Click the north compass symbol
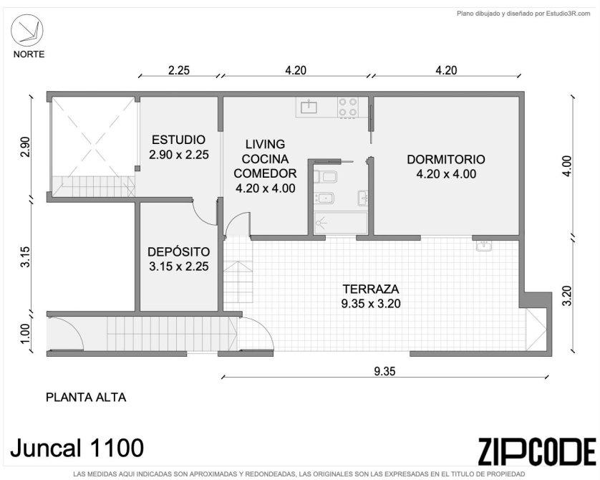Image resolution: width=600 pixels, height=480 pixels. (26, 31)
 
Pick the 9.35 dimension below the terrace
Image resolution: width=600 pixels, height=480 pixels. (384, 371)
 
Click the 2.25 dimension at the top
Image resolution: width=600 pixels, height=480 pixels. (179, 70)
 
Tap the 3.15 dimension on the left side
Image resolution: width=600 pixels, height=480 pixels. (25, 257)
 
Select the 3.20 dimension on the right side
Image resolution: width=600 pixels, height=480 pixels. (567, 295)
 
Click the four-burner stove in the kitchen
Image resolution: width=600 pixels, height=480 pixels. (348, 107)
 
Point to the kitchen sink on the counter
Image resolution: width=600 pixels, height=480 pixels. (309, 107)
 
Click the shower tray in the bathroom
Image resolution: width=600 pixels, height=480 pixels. (341, 223)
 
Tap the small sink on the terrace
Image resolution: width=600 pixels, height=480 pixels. (485, 246)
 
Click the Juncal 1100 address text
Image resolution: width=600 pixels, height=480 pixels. (77, 448)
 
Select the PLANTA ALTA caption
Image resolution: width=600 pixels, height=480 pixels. (86, 398)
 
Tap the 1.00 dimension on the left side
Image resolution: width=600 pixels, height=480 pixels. (25, 334)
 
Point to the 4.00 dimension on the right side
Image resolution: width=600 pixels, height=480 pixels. (567, 165)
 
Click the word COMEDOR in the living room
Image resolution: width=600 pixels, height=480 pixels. (265, 173)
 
